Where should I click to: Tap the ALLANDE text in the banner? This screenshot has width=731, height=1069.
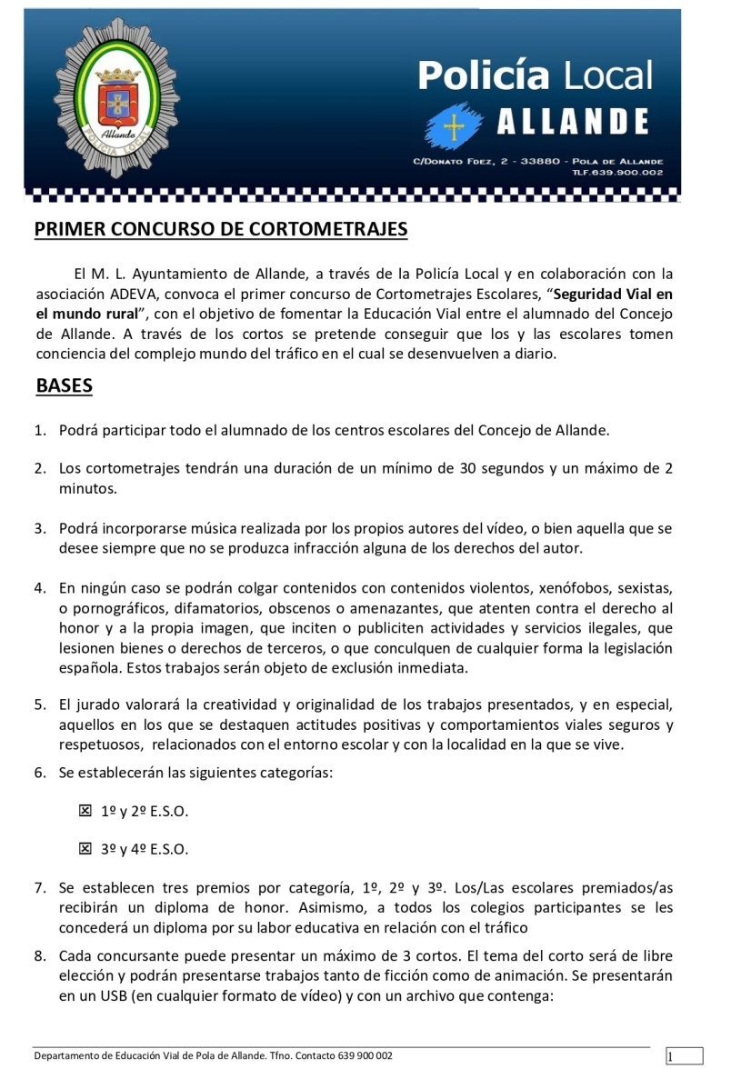click(572, 122)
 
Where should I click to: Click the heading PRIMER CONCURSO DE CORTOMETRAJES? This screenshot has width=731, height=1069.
click(221, 229)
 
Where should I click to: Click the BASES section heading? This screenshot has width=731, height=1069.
click(64, 385)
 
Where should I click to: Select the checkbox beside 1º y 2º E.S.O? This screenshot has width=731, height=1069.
click(85, 810)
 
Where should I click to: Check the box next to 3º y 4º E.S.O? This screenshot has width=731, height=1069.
click(85, 849)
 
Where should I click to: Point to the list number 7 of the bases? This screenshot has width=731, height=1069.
click(41, 887)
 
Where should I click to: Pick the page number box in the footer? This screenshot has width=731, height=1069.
click(684, 1056)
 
